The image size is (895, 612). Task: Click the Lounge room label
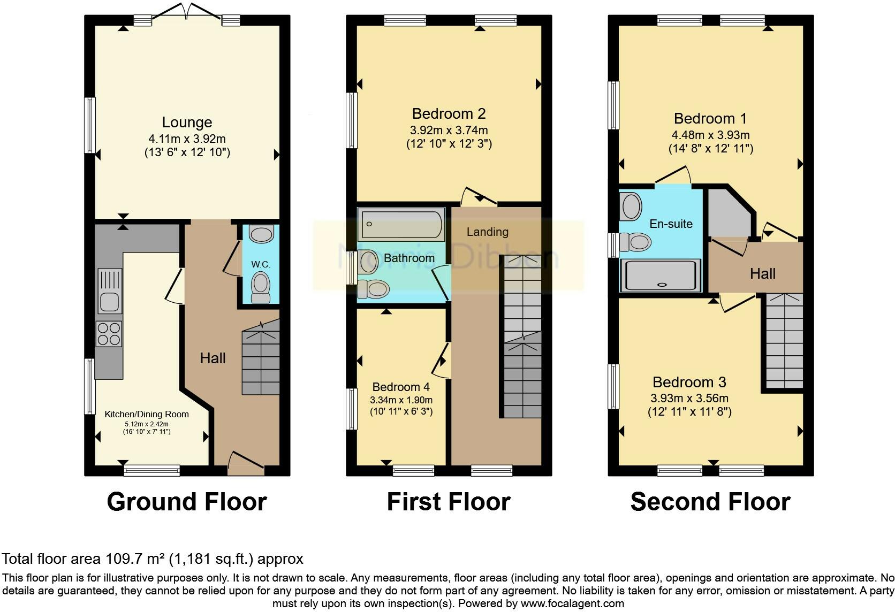point(187,122)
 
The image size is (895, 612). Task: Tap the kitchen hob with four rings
point(109,334)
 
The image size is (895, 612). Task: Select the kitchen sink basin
point(109,302)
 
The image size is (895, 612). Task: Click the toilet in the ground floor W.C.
point(261,287)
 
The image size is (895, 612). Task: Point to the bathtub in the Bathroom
point(401,224)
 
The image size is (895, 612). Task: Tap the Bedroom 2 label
point(449,114)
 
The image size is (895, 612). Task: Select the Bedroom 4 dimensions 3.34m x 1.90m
point(401,400)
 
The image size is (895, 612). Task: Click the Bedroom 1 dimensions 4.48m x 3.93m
point(710,135)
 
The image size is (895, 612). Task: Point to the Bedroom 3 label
point(689,382)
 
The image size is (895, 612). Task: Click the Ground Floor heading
point(187,501)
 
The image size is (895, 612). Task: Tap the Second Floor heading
point(710,501)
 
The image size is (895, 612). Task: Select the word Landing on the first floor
point(488,232)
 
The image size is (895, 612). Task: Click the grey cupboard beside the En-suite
point(730,213)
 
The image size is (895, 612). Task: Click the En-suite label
point(671,224)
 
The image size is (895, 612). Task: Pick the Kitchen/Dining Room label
point(147,415)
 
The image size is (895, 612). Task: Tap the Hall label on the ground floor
point(213,358)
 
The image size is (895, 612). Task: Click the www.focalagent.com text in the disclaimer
point(572,603)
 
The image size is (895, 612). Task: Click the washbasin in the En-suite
point(631,206)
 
